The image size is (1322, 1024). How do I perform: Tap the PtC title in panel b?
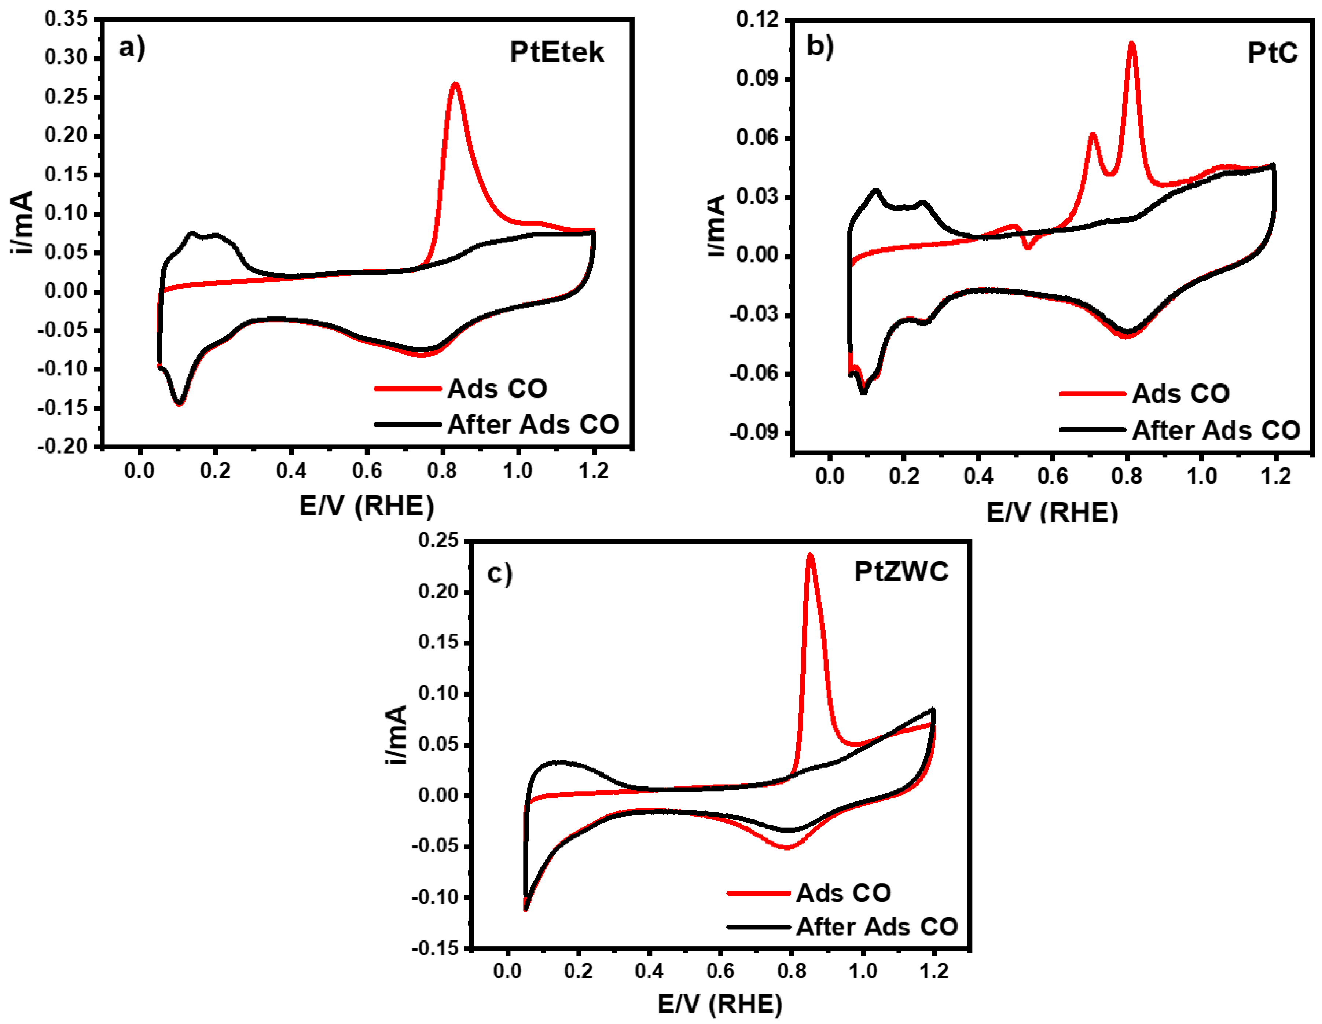click(1273, 54)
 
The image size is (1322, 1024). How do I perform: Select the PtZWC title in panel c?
click(901, 572)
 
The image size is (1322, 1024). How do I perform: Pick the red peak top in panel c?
click(810, 555)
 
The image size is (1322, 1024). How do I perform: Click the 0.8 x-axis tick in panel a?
click(442, 470)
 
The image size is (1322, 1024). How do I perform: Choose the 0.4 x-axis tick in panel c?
click(649, 971)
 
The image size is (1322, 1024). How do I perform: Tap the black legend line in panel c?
click(759, 926)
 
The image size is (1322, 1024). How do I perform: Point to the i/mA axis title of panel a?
click(23, 222)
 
